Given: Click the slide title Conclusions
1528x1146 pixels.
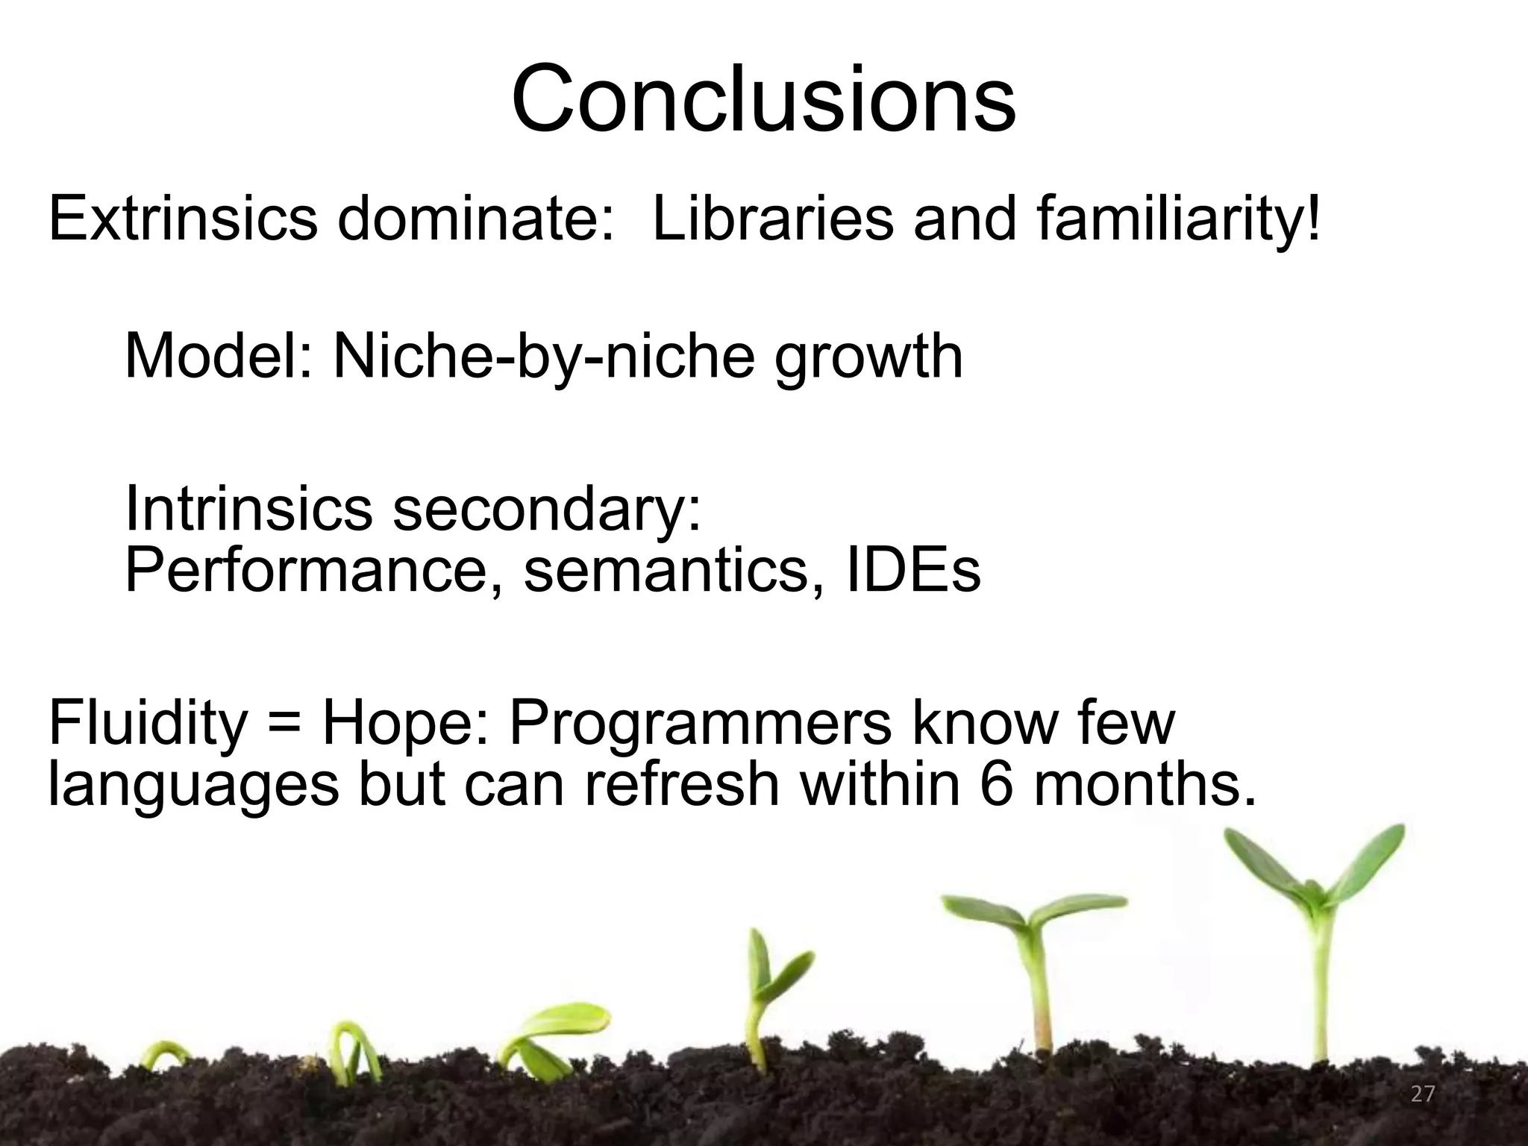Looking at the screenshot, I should [763, 99].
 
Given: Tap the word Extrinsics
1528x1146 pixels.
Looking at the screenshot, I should [183, 219].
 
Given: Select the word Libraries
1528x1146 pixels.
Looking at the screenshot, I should [773, 219].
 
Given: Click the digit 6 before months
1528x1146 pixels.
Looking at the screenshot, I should [998, 784].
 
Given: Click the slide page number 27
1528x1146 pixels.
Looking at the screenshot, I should [1423, 1094].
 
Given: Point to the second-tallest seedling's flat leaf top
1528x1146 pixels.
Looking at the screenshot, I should [1033, 912].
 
